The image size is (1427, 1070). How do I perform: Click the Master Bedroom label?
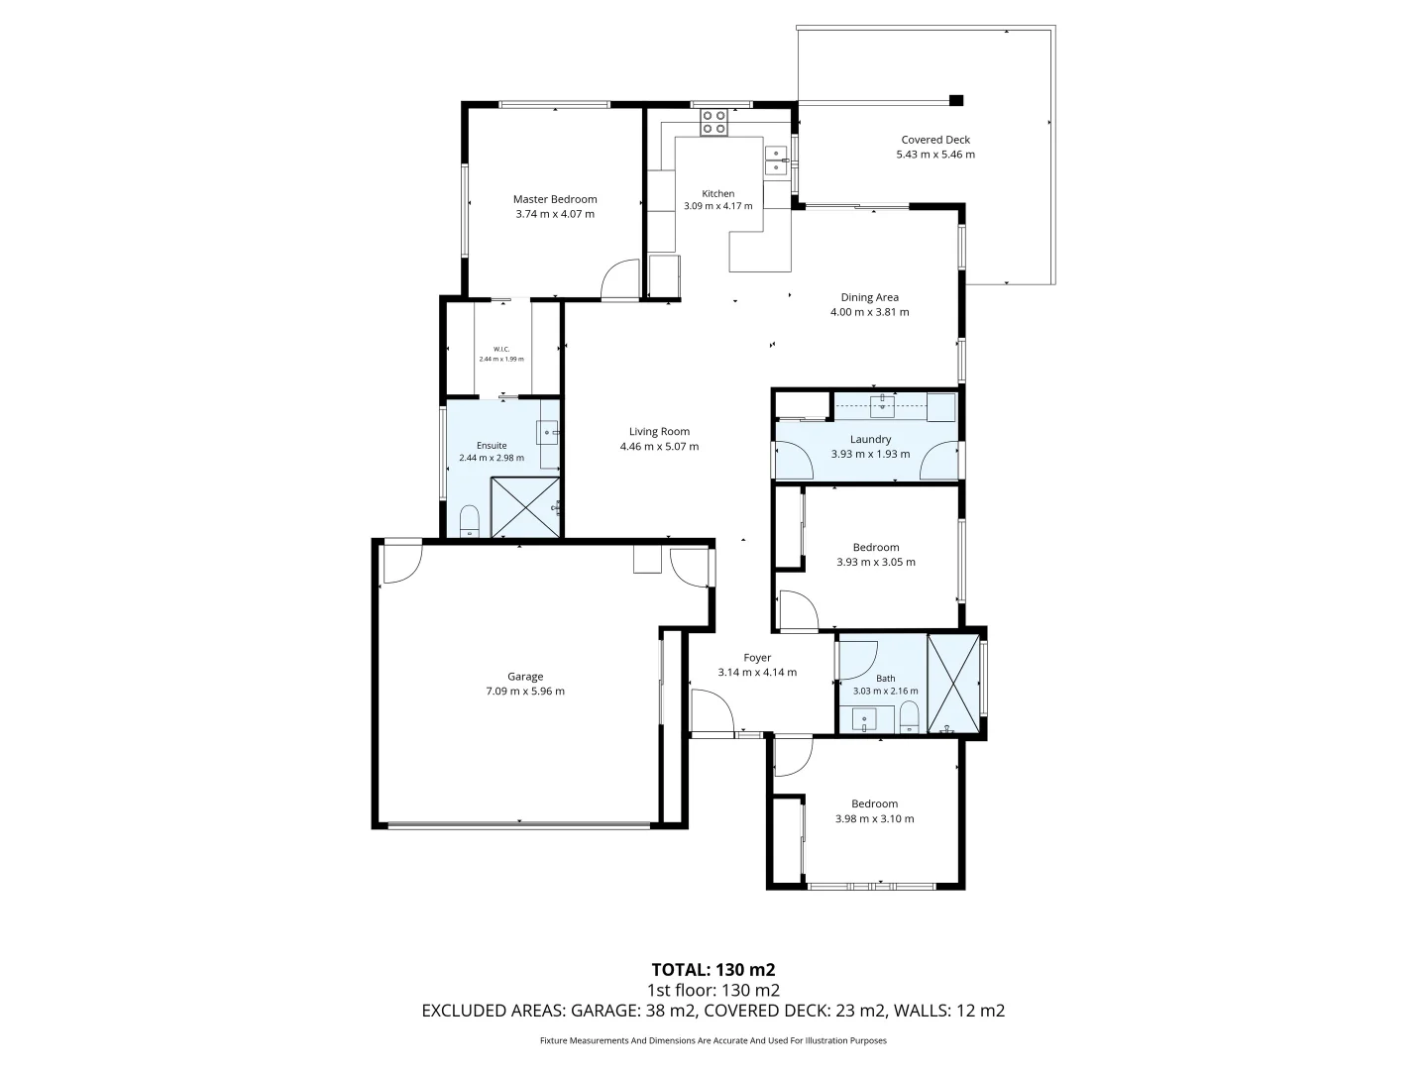click(555, 199)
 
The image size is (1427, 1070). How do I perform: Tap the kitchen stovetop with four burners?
click(713, 122)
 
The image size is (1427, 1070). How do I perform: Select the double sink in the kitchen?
click(776, 160)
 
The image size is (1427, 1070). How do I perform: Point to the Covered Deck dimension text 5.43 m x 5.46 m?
click(934, 154)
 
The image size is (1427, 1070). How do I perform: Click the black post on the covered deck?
click(955, 100)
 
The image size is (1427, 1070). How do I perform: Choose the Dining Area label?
click(869, 297)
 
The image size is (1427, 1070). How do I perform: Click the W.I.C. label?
click(501, 349)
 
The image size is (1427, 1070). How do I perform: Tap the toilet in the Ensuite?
click(469, 521)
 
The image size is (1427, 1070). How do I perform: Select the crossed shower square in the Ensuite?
click(524, 507)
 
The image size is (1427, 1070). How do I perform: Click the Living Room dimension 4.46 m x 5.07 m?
click(659, 446)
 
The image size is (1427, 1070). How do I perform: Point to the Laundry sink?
click(882, 406)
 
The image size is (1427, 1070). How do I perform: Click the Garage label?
click(524, 677)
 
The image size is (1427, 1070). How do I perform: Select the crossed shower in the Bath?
click(953, 684)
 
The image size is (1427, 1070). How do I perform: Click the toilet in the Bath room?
click(909, 716)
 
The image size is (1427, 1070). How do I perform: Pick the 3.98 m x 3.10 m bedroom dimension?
click(874, 818)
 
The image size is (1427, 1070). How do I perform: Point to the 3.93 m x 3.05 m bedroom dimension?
click(876, 562)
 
